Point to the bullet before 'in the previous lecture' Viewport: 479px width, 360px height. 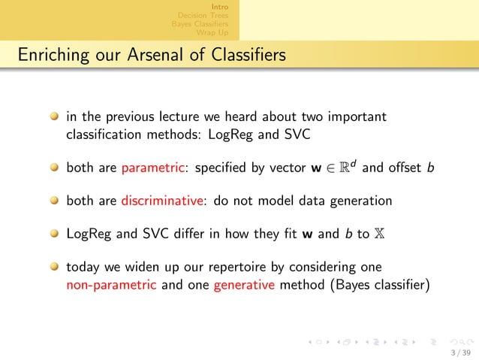coord(54,117)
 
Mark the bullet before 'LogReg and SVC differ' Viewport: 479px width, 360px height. coord(54,234)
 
